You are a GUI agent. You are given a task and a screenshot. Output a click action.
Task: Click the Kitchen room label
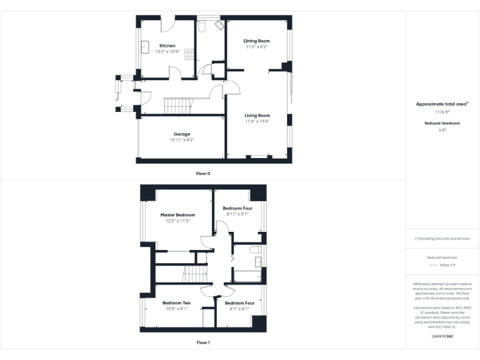coord(167,46)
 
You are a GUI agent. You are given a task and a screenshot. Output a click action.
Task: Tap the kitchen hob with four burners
coord(189,54)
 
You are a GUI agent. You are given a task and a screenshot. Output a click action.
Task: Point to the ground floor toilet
coord(202,26)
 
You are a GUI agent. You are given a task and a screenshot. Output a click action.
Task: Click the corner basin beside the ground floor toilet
coord(219,26)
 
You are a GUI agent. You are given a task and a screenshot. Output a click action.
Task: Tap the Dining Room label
coord(256,41)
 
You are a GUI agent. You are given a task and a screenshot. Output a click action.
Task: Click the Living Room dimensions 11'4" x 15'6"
coord(257,121)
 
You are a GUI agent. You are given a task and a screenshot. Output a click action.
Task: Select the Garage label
coord(182,134)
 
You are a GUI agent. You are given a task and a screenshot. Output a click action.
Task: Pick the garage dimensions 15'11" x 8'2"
coord(182,140)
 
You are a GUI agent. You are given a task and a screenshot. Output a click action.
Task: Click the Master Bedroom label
coord(177,215)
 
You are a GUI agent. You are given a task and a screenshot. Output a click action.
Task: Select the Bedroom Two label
coord(177,303)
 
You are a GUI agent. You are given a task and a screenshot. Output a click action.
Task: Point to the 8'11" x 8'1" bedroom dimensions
coord(237,213)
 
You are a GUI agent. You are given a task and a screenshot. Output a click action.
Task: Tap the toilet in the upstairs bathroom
coord(255,250)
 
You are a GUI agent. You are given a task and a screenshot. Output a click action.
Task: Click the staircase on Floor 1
coord(194,273)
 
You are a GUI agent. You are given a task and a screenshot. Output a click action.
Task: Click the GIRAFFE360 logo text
coord(442,336)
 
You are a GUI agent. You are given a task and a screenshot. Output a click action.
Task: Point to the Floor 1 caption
coord(203,342)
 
